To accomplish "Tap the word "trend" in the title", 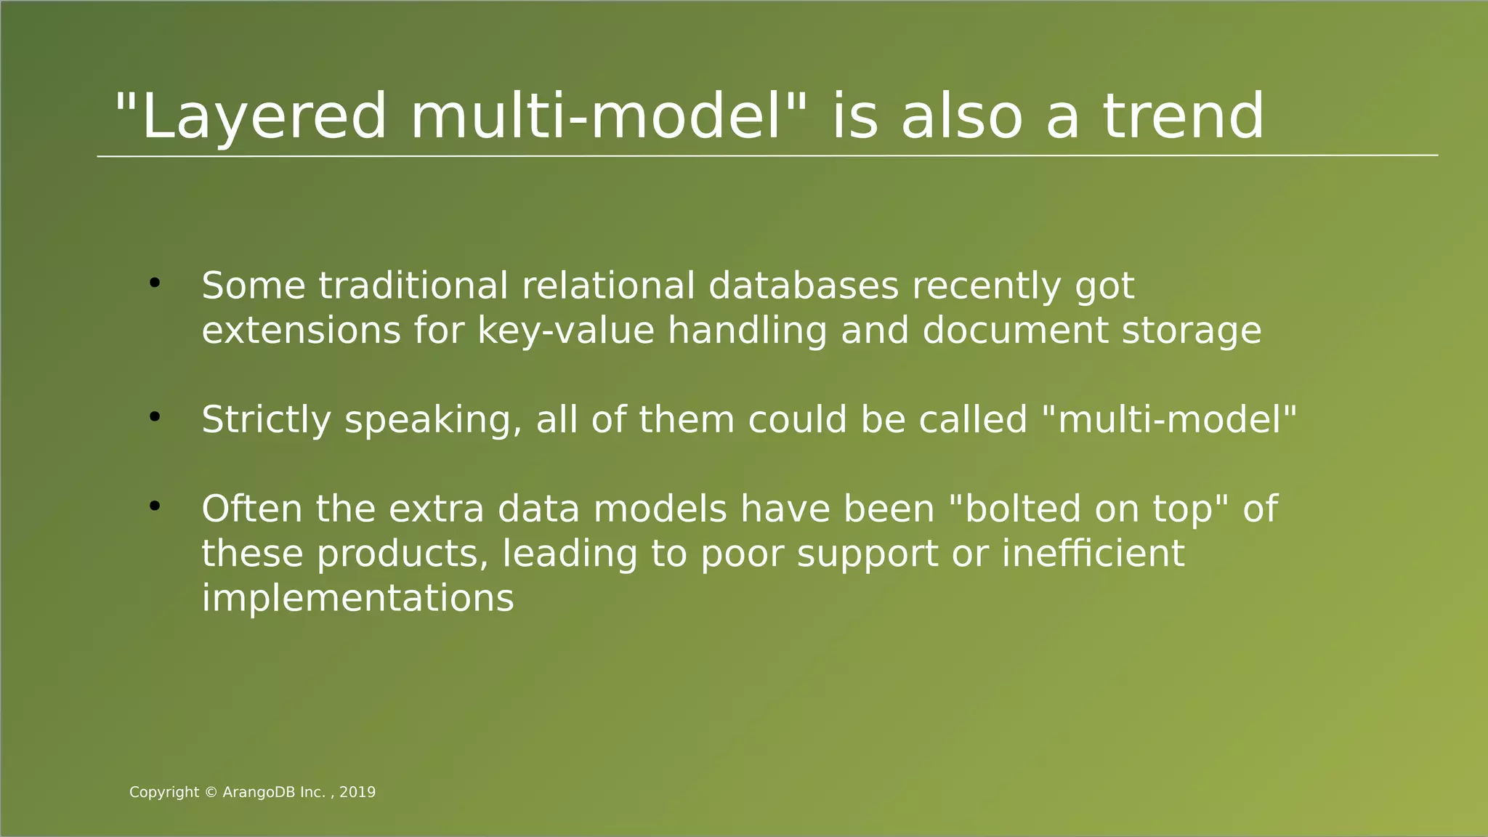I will tap(1184, 118).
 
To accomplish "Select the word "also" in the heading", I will tap(961, 118).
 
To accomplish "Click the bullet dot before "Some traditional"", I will tap(154, 283).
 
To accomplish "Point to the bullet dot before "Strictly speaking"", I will tap(154, 417).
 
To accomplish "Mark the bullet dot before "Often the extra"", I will tap(154, 506).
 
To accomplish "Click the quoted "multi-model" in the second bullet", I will tap(1169, 420).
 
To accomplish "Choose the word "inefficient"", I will tap(1093, 554).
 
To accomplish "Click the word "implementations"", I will tap(357, 599).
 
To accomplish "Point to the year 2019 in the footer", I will tap(357, 793).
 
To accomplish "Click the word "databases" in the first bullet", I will tap(804, 286).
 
